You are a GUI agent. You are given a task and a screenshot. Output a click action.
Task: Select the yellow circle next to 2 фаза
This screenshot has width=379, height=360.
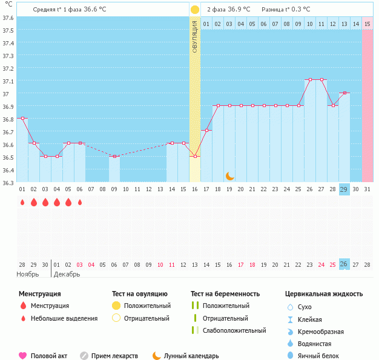point(195,10)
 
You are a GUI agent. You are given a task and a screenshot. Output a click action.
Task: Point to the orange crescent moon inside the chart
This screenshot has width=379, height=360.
point(230,175)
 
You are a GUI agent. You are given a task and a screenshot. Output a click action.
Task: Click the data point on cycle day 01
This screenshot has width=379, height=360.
point(22,118)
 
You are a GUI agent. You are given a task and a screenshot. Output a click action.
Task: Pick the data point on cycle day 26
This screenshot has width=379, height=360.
point(309,80)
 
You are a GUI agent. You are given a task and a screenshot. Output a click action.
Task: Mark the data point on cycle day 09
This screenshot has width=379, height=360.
point(114,156)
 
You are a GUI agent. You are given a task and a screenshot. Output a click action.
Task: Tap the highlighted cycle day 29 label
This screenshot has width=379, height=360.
point(344,189)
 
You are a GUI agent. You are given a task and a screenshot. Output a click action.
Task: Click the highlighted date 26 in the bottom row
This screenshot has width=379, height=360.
point(344,264)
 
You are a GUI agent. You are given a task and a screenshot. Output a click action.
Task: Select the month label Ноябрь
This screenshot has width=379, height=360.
point(28,274)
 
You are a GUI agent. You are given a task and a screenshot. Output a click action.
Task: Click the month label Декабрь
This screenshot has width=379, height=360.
point(67,274)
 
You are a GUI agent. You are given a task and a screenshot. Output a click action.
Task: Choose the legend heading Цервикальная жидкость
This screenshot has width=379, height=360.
point(324,294)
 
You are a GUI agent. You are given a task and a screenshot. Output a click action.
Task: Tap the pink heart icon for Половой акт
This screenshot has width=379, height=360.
point(23,356)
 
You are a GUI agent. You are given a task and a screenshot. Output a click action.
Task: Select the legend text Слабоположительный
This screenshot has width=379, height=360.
point(234,330)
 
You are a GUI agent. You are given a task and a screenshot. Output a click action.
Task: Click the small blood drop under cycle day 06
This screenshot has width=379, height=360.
point(80,202)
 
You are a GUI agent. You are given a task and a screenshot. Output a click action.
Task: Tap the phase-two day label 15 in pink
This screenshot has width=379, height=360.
point(367,24)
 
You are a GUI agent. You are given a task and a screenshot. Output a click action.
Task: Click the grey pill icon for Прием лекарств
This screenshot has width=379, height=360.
point(84,356)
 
